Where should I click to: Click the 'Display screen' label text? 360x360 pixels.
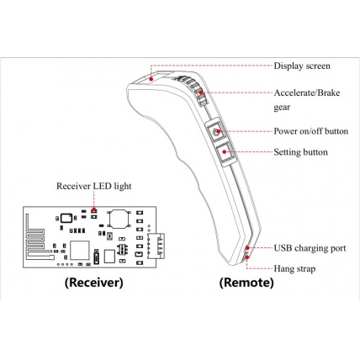(302, 65)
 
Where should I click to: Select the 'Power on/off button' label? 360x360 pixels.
(312, 131)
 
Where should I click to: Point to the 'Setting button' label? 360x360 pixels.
(300, 152)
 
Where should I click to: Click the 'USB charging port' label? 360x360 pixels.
(308, 248)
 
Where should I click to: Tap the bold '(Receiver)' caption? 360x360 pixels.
(93, 283)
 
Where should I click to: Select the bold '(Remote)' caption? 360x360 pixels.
(246, 283)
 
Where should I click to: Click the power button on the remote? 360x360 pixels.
(218, 132)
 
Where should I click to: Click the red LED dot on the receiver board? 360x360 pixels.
(94, 207)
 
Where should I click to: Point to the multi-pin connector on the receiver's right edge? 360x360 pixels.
(155, 244)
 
